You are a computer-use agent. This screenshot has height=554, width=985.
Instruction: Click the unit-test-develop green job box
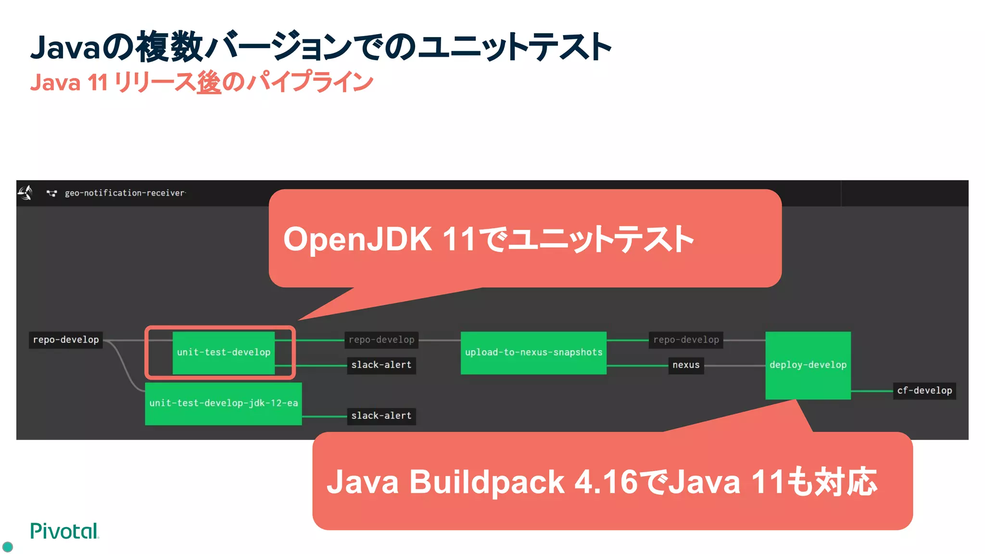tap(224, 353)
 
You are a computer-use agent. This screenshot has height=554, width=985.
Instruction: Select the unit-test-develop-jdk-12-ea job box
tap(224, 403)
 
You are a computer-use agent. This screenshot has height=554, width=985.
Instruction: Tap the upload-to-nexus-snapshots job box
tap(533, 353)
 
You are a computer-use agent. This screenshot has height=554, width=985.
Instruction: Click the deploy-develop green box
tap(808, 365)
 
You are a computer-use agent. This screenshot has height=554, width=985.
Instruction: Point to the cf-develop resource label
tap(924, 390)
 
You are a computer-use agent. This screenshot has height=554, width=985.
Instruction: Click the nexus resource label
tap(686, 365)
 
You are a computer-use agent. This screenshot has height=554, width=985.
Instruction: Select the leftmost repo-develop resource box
tap(66, 340)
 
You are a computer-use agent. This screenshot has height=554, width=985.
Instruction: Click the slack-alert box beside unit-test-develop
tap(381, 365)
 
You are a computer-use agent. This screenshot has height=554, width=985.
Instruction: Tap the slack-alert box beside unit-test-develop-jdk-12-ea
tap(381, 415)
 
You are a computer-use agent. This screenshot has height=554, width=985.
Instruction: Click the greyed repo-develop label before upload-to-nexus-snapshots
tap(381, 340)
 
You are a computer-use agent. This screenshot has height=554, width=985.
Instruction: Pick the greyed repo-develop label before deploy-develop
tap(686, 340)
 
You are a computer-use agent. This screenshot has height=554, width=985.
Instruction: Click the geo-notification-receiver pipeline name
tap(125, 193)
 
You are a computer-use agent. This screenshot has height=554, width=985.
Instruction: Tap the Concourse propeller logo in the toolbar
tap(25, 193)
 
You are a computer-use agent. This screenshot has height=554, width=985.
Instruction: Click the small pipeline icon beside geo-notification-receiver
tap(51, 193)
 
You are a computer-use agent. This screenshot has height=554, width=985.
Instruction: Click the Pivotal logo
tap(64, 531)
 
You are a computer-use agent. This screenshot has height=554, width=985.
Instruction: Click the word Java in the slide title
tap(65, 48)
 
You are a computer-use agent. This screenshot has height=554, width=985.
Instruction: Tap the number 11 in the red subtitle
tap(98, 82)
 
